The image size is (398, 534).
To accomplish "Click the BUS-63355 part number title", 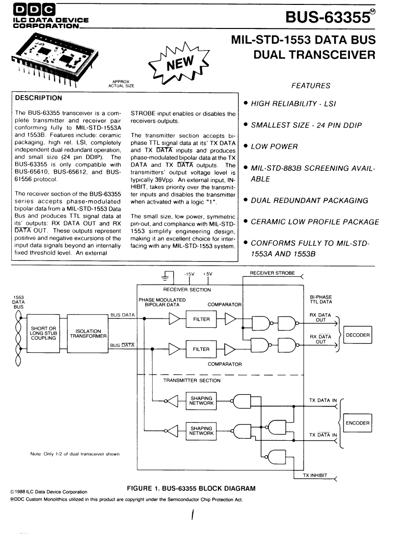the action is point(330,17).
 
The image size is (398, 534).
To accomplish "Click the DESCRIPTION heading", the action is point(38,98).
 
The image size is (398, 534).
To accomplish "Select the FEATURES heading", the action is point(311,86).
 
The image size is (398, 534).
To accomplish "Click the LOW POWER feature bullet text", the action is point(274,147).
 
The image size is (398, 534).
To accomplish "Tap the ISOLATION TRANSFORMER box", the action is point(88,333).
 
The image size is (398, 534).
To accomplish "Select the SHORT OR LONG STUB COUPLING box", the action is point(43,333).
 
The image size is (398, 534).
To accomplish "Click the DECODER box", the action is point(357,335).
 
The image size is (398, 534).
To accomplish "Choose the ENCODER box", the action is point(357,423).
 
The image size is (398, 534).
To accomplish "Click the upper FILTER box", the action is point(201,319).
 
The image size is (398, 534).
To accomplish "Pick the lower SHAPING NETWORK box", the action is point(201,431).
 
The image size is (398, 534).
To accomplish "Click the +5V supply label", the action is point(207,274).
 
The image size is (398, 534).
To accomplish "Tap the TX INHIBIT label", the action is point(315,476).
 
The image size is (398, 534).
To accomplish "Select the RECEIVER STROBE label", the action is point(272,273).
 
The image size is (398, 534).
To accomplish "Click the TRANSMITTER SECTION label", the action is point(192,380).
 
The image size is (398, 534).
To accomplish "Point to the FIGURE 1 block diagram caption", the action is point(191,488).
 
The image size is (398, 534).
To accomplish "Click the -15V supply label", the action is point(189,274).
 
